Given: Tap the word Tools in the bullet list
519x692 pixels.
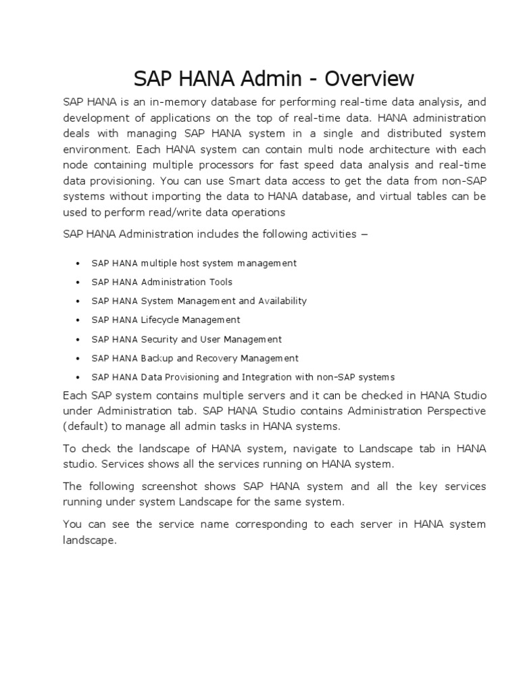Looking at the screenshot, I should (220, 282).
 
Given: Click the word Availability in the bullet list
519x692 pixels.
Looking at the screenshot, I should (282, 301).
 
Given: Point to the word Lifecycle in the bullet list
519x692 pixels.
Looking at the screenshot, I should (161, 320).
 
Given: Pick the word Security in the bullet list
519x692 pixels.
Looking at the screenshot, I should (159, 339).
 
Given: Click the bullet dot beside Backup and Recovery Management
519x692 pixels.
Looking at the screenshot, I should (78, 359).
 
